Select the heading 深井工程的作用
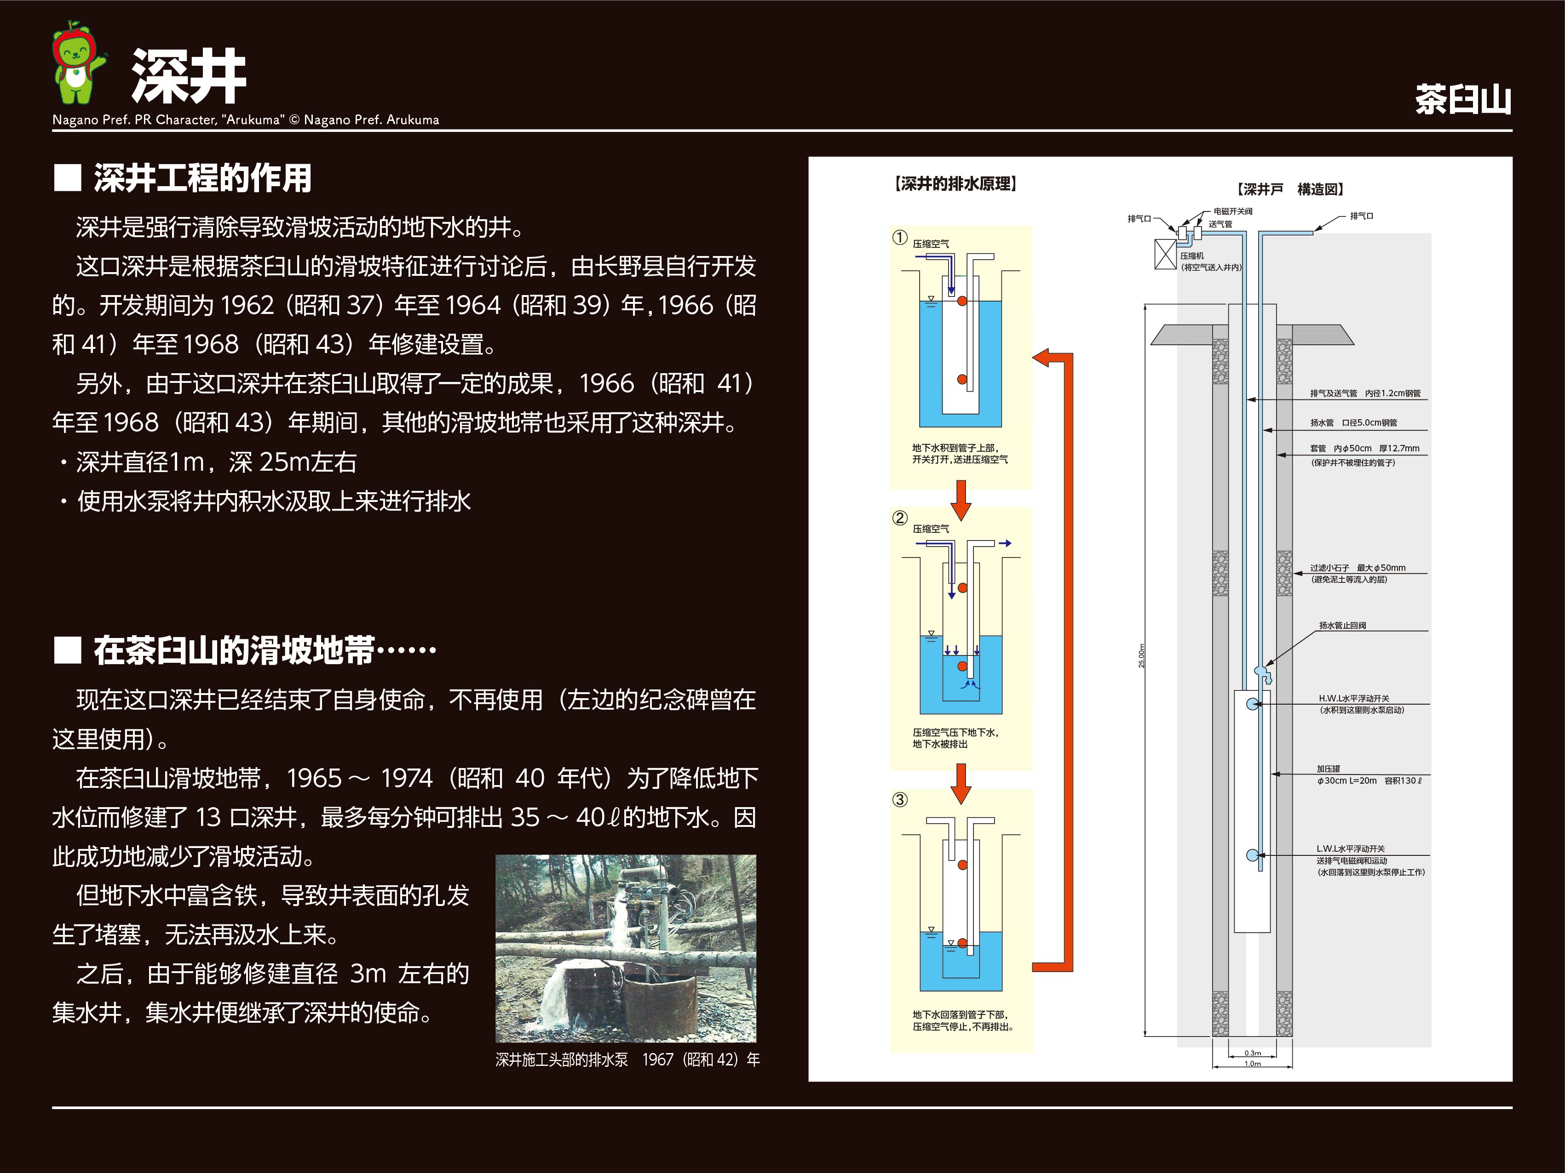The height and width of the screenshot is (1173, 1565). (x=202, y=178)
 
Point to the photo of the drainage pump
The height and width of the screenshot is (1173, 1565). (x=626, y=947)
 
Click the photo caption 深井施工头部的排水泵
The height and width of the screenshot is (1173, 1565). (x=562, y=1059)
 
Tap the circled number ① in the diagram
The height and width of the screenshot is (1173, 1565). (x=899, y=238)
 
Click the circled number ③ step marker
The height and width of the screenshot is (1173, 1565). (x=899, y=800)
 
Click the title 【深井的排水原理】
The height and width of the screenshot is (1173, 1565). (x=955, y=184)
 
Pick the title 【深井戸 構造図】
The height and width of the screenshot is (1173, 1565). (x=1290, y=189)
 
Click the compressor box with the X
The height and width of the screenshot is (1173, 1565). (x=1165, y=255)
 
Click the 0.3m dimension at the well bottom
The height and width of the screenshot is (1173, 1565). (x=1252, y=1053)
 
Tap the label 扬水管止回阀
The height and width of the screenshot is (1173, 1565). (x=1342, y=625)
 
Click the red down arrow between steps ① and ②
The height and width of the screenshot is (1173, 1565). (x=960, y=499)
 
